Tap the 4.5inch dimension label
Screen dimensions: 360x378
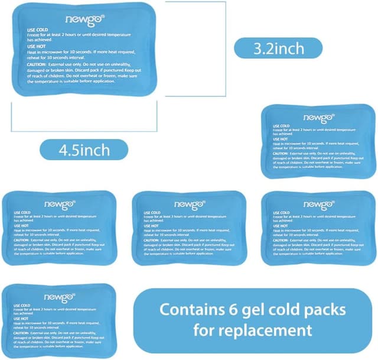tap(84, 150)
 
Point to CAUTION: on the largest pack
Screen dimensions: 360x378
tap(39, 65)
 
